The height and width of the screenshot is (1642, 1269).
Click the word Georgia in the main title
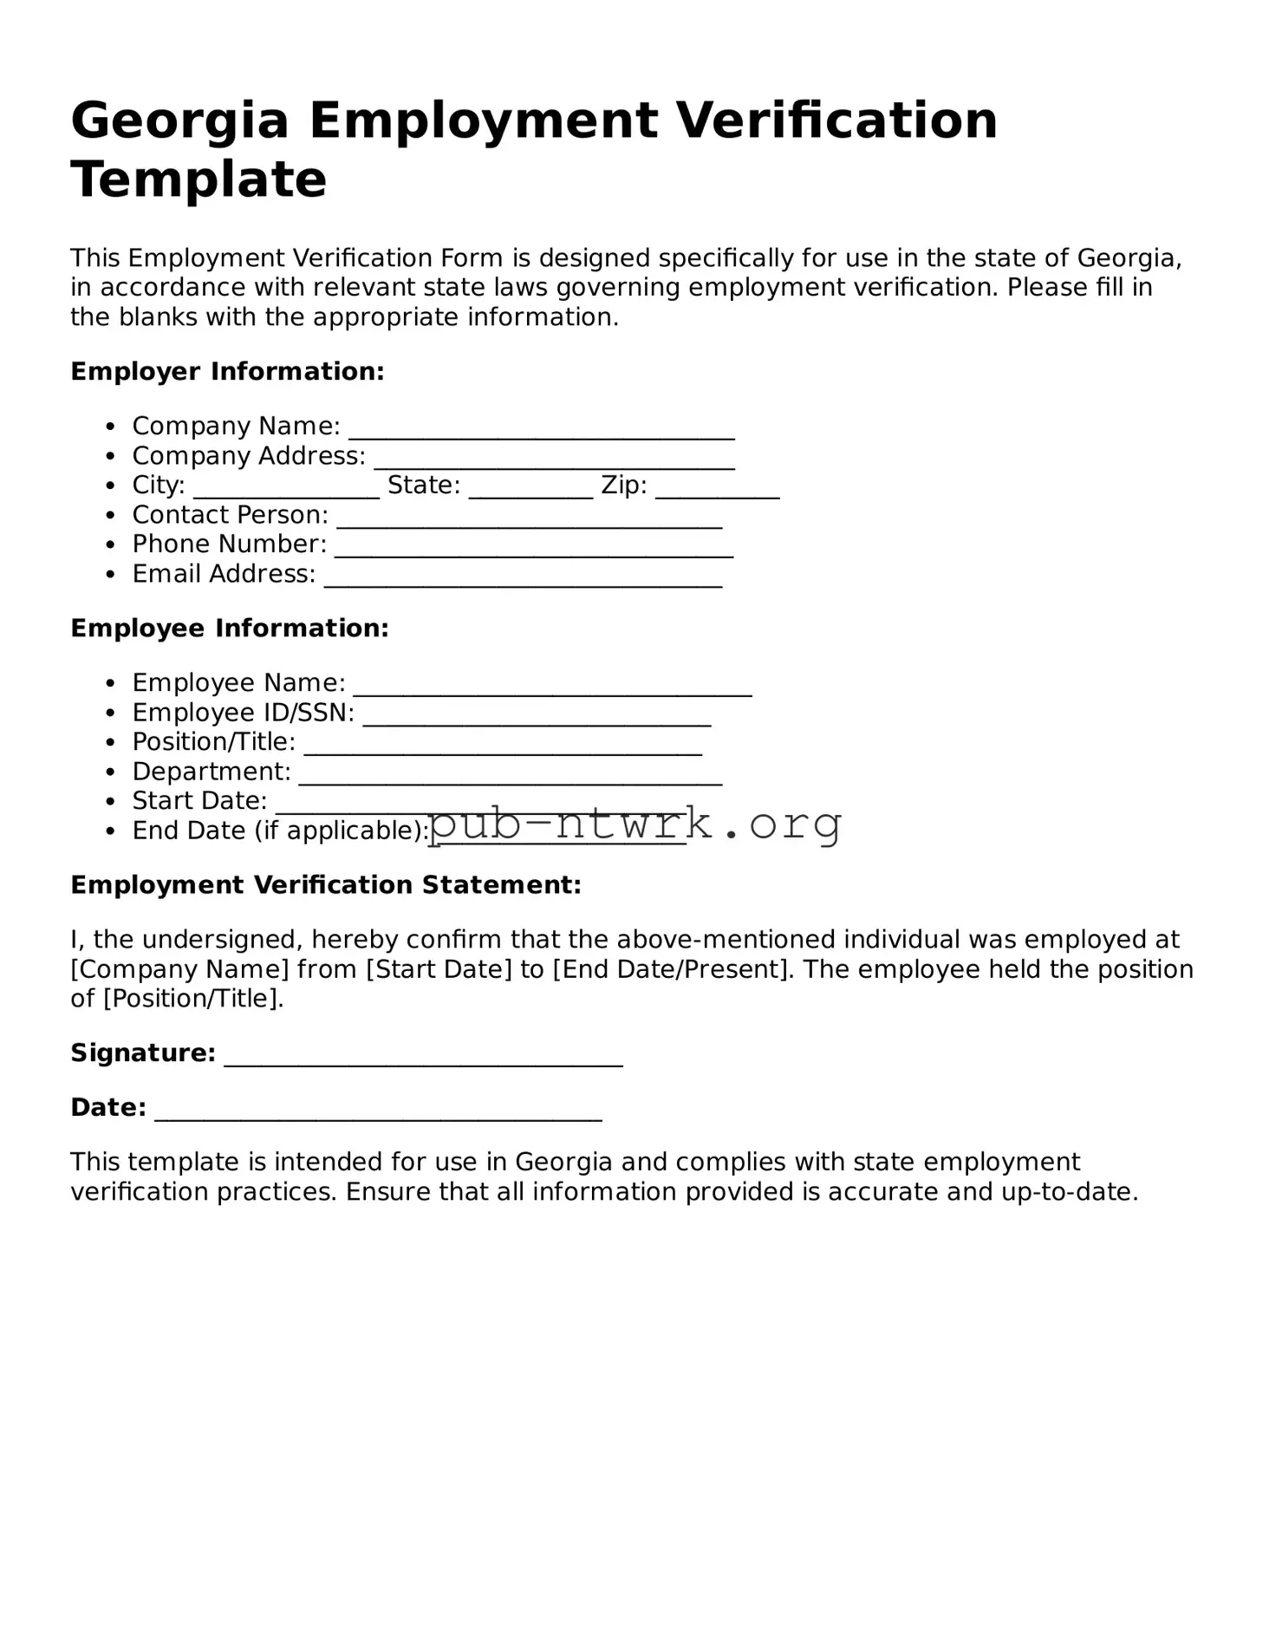tap(179, 121)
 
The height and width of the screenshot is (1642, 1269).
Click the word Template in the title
tap(198, 180)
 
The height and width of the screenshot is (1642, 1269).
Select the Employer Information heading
tap(227, 372)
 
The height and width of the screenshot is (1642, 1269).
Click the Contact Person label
tap(230, 515)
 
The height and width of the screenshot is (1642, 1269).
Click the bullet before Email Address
tap(109, 575)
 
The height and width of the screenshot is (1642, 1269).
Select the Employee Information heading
tap(230, 629)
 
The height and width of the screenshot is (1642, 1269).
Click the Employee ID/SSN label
tap(243, 713)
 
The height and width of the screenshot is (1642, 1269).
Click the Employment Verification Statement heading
tap(325, 885)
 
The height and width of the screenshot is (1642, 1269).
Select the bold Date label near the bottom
tap(107, 1108)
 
